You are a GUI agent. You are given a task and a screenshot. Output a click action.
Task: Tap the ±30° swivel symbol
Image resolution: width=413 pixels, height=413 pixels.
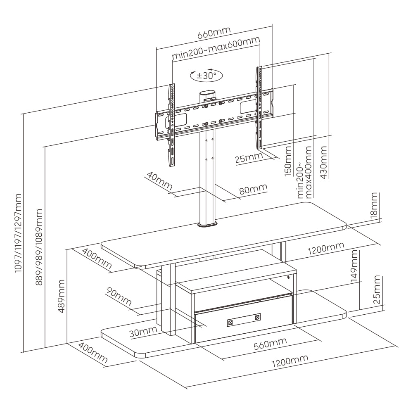point(206,76)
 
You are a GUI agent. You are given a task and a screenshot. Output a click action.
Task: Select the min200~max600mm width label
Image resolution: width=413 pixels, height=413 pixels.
point(216,48)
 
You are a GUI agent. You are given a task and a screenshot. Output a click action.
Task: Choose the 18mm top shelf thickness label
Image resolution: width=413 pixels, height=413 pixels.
point(374,206)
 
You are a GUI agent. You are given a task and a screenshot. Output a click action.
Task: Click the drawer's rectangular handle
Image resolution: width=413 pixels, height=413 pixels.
point(244,320)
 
